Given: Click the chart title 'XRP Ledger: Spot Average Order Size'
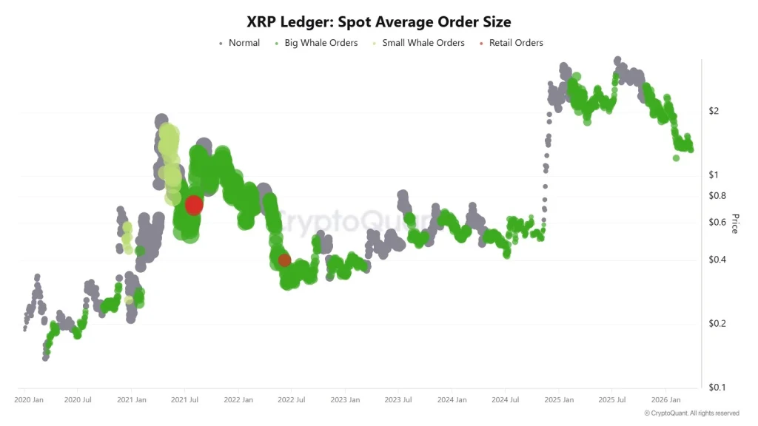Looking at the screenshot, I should pos(378,22).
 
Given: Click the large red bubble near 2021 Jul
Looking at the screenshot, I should pos(194,205).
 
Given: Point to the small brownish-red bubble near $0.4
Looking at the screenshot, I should pos(284,260).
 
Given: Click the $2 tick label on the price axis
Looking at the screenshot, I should pos(714,111).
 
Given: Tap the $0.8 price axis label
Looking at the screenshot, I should pos(717,196).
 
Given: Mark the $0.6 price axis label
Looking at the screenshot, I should pos(717,223).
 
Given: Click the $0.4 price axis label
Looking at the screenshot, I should pos(717,260).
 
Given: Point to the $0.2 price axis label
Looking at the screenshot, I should pos(717,323).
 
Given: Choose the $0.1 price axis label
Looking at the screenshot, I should pos(717,388).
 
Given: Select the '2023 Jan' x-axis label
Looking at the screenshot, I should pos(344,400).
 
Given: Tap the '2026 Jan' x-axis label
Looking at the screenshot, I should pos(665,400).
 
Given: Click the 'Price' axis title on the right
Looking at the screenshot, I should pos(735,223).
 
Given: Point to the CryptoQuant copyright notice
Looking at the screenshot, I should pos(691,413).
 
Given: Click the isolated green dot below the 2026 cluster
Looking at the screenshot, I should pos(676,158).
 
